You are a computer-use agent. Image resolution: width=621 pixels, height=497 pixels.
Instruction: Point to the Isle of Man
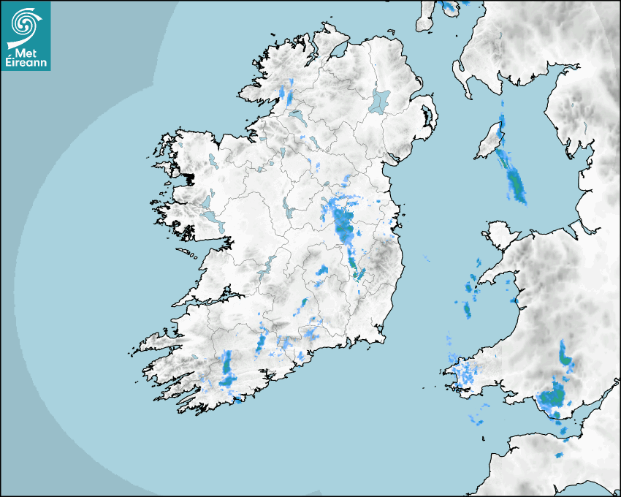(489, 143)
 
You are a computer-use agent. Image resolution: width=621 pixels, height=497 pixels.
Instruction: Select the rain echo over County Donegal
(287, 92)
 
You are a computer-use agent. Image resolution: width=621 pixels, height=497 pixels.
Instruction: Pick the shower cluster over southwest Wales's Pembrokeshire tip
(463, 375)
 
